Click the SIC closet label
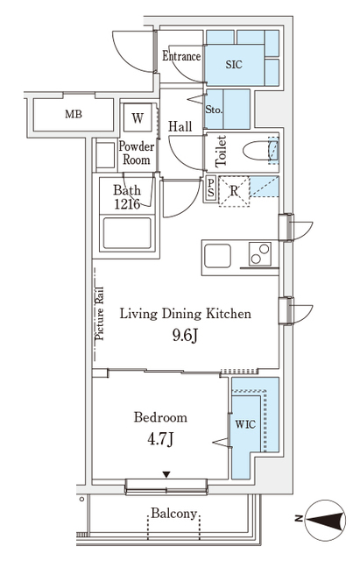click(x=234, y=64)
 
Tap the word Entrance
click(x=181, y=56)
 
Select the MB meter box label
click(x=74, y=114)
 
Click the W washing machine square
click(x=138, y=117)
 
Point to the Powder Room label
click(x=137, y=153)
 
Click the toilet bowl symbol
click(x=260, y=152)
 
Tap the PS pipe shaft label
click(x=211, y=188)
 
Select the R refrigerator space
click(x=234, y=191)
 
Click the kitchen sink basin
click(x=217, y=256)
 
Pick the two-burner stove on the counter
click(x=260, y=254)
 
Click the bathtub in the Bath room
click(x=127, y=233)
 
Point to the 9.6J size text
click(x=185, y=335)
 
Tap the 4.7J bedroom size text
click(x=160, y=438)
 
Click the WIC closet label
click(x=245, y=424)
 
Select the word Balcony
click(x=173, y=514)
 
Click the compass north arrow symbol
click(x=326, y=520)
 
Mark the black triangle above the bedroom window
click(x=166, y=475)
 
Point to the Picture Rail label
click(x=99, y=314)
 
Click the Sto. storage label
click(x=214, y=110)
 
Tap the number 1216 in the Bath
click(x=127, y=204)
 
